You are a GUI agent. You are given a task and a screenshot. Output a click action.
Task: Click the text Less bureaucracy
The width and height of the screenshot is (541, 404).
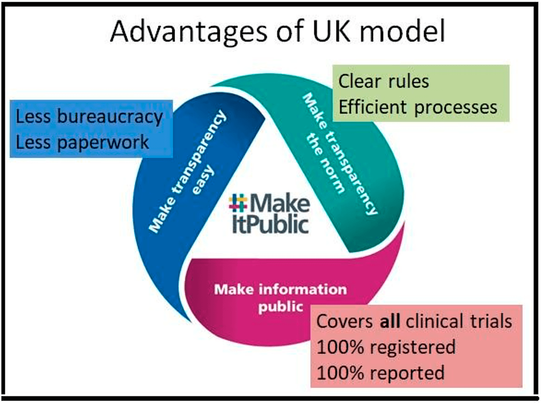pyautogui.click(x=89, y=117)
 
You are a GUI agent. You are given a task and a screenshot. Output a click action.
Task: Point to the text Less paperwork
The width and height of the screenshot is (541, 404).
pyautogui.click(x=83, y=142)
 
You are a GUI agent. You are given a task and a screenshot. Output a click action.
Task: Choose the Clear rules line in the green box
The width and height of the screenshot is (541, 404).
pyautogui.click(x=384, y=82)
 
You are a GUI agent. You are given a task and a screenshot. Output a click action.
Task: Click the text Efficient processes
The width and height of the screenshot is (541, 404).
pyautogui.click(x=418, y=107)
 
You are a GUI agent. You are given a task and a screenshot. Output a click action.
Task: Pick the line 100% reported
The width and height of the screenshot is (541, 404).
pyautogui.click(x=381, y=372)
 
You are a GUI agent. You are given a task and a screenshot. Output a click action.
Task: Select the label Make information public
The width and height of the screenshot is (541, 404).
pyautogui.click(x=280, y=298)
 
